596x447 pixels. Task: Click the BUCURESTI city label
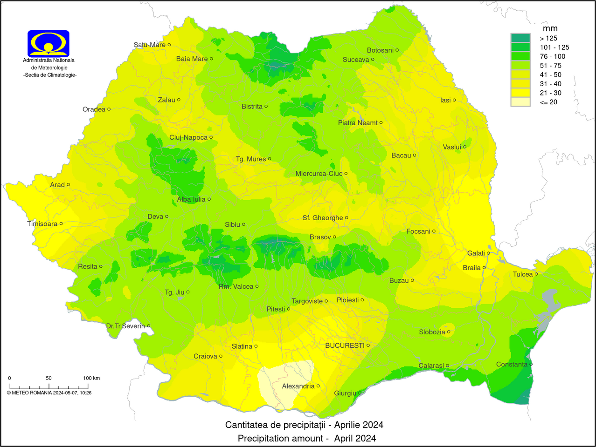[345, 345]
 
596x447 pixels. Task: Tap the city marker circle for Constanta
[531, 364]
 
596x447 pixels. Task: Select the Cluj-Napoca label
[188, 137]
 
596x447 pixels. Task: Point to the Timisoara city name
[42, 224]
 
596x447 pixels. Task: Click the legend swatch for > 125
[520, 38]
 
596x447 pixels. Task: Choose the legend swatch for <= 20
[520, 102]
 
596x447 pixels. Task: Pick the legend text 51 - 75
[550, 66]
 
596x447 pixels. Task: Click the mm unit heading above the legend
[550, 29]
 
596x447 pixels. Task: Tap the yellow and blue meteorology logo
[49, 43]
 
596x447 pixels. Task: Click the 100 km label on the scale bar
[91, 378]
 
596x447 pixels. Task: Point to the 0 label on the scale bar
[9, 378]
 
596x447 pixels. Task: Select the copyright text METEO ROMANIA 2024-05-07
[49, 393]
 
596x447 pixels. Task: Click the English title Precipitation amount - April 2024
[307, 438]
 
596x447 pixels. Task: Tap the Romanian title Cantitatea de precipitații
[304, 425]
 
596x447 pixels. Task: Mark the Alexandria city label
[298, 386]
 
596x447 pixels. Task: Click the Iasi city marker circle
[454, 100]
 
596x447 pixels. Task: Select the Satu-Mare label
[149, 45]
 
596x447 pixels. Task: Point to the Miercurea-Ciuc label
[319, 174]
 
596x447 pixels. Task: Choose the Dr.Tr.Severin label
[125, 326]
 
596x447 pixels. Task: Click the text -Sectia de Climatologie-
[50, 75]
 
